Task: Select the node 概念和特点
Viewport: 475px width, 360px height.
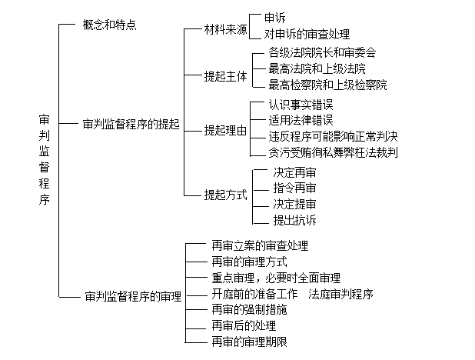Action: click(x=109, y=25)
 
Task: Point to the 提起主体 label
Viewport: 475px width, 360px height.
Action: click(x=226, y=77)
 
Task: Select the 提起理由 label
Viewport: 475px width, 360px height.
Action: click(x=226, y=130)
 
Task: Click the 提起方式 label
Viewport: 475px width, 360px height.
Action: click(x=226, y=195)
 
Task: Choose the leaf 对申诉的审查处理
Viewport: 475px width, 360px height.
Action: click(x=307, y=35)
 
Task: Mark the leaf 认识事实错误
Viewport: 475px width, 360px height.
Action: click(x=301, y=104)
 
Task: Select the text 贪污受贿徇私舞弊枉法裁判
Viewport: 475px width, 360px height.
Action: click(x=333, y=152)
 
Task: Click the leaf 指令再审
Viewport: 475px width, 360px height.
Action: click(x=294, y=188)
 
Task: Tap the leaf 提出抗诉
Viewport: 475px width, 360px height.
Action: click(x=294, y=221)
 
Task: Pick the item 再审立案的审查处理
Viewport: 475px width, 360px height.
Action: click(x=260, y=246)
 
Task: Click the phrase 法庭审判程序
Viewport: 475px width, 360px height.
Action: click(x=340, y=295)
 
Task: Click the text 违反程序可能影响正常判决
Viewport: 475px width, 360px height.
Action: click(x=333, y=136)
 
